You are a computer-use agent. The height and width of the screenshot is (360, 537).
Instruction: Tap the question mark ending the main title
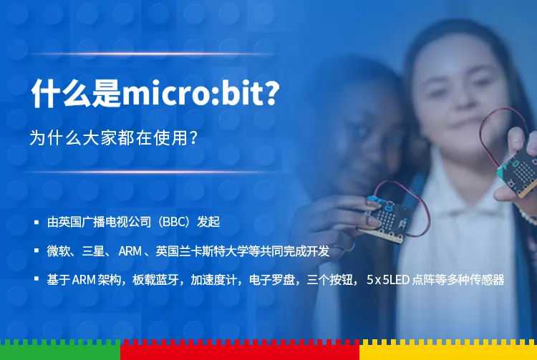272,92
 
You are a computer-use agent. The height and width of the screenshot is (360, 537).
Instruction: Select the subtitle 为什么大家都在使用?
113,137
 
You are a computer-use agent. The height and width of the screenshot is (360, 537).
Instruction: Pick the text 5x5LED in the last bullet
388,280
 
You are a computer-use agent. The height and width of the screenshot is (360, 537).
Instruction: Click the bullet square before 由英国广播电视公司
37,222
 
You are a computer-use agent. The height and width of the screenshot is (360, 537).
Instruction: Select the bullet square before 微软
37,250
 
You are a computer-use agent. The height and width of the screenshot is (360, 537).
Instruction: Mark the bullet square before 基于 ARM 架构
37,279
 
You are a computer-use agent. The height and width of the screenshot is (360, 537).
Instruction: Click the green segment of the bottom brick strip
60,350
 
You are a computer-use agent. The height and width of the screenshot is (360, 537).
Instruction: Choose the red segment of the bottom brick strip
240,350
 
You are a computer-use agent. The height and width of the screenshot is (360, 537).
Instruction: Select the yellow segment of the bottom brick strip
448,350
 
